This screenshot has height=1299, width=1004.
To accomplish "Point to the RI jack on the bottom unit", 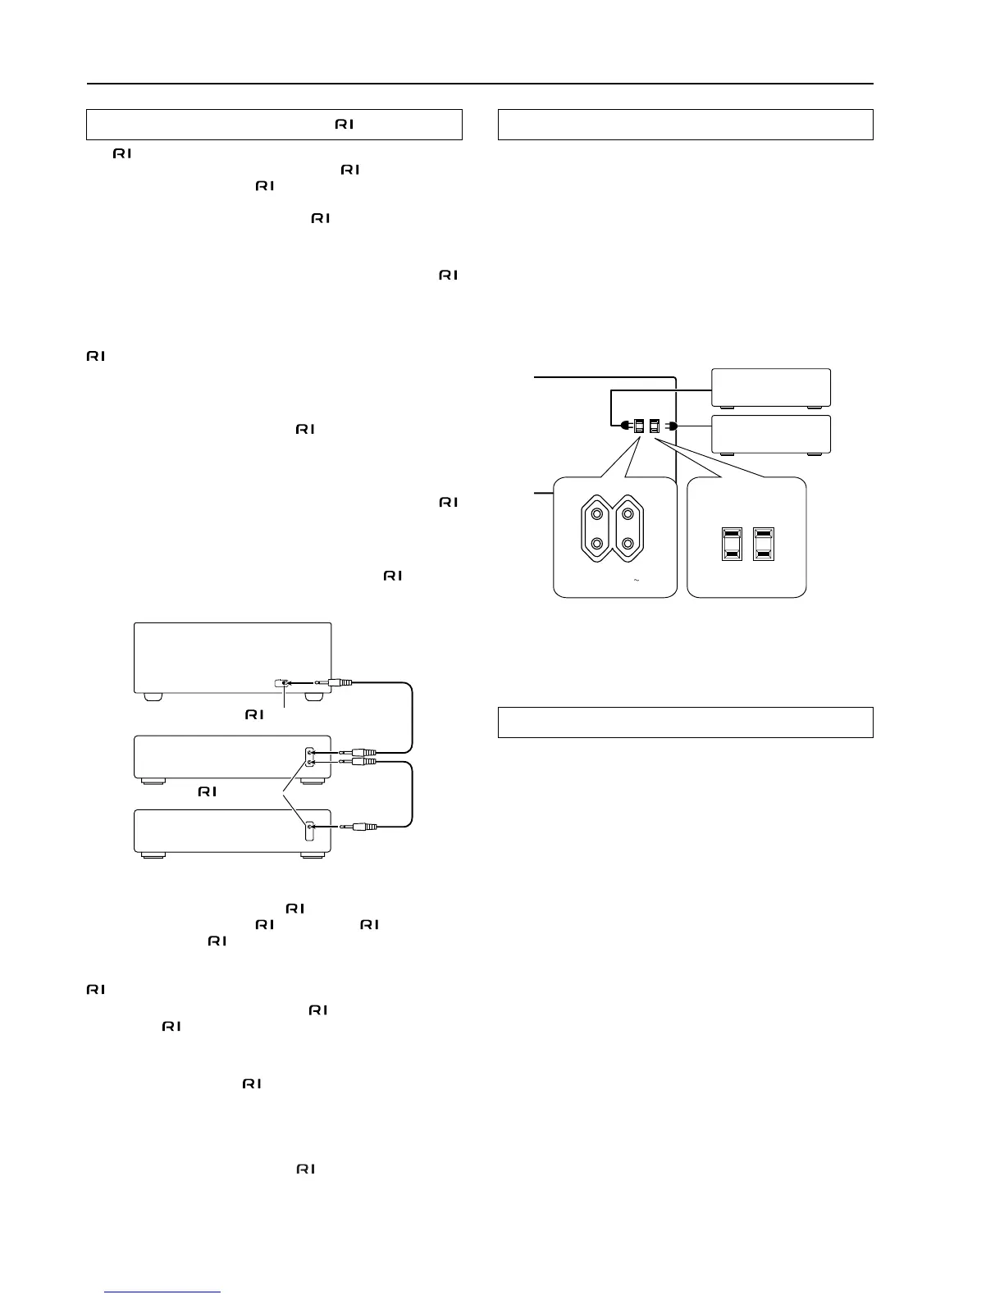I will click(308, 829).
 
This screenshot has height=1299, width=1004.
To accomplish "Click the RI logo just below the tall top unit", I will click(253, 715).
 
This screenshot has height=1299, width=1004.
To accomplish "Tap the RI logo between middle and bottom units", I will click(207, 791).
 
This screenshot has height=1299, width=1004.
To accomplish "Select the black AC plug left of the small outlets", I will click(625, 426).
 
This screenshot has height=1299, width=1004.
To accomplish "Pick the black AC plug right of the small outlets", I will click(671, 426).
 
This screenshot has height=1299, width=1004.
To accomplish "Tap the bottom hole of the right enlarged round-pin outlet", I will click(627, 544).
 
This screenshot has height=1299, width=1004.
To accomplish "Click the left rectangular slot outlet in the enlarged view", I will click(732, 544).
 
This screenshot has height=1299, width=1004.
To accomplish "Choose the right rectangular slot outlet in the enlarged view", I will click(764, 544).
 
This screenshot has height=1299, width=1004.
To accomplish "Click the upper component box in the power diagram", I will click(771, 388).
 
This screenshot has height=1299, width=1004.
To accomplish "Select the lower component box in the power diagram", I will click(771, 435).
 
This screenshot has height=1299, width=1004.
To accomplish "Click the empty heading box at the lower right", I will click(685, 722).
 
